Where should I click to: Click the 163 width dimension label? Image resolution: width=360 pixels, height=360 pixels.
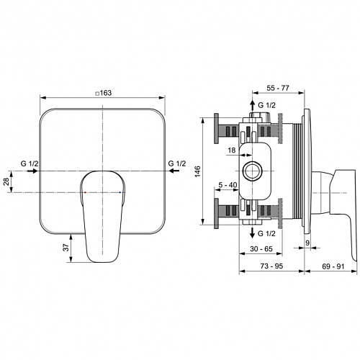tap(104, 93)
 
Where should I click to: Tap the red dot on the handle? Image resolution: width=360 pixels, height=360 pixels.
tap(85, 192)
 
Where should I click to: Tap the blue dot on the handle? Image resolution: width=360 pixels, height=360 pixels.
tap(120, 192)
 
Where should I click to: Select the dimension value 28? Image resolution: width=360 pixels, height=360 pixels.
tap(6, 181)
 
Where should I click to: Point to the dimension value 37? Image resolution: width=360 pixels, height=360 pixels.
tap(66, 248)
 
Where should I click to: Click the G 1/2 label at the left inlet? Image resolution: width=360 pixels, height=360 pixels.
tap(30, 163)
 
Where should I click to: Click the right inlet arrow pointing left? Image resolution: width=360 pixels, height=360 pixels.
tap(174, 171)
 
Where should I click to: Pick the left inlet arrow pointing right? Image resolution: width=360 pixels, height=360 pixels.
tap(32, 171)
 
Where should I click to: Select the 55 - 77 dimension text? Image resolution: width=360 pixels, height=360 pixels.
tap(278, 88)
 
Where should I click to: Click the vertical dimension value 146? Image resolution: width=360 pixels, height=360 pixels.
tap(197, 171)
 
